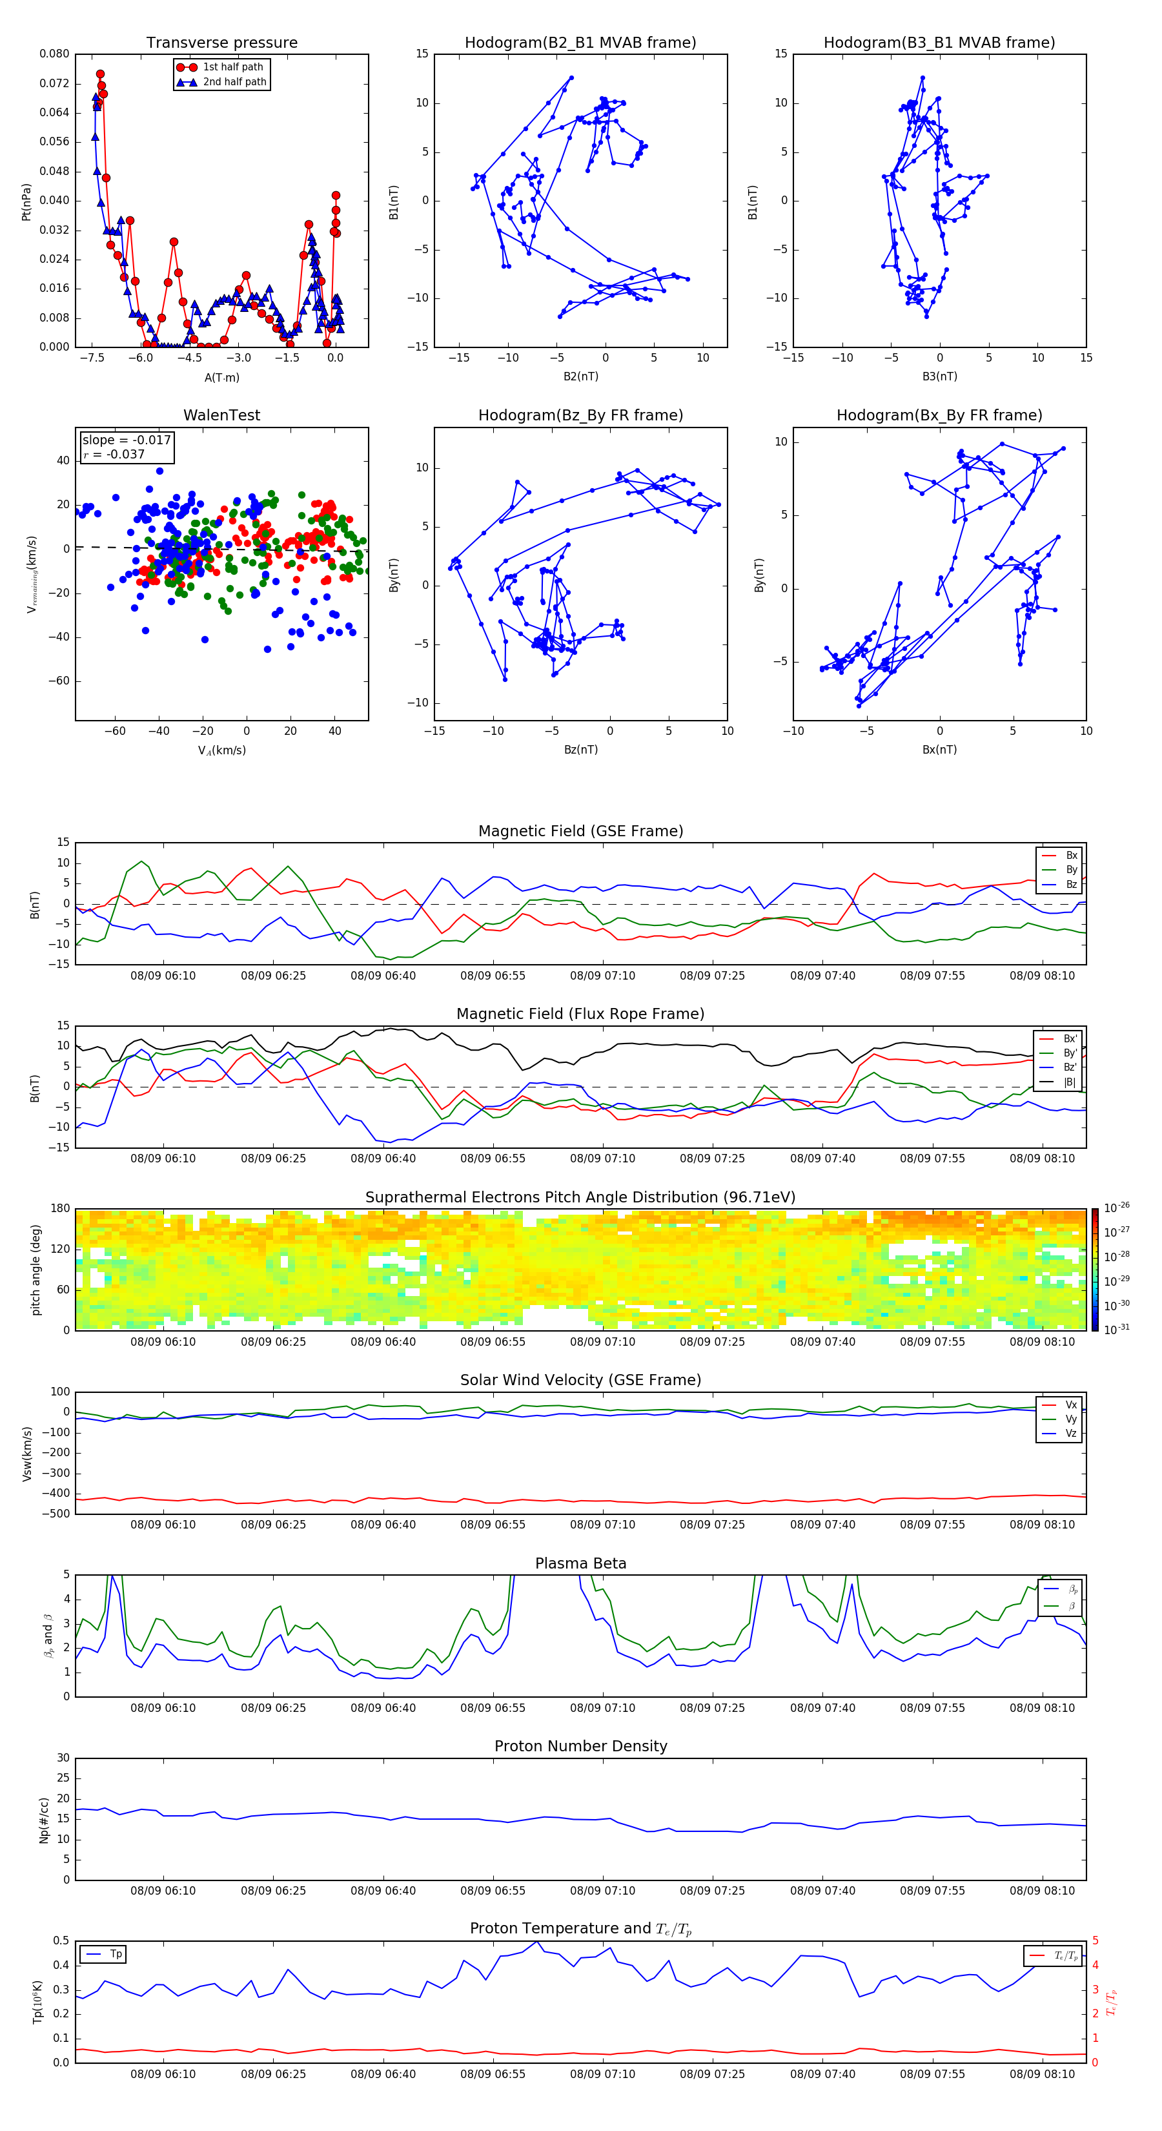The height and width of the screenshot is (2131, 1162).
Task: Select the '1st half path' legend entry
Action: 232,67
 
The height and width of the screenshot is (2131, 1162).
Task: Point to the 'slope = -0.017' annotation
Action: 127,440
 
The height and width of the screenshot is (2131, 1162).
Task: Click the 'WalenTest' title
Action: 221,415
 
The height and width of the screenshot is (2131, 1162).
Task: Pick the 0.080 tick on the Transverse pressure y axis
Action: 55,54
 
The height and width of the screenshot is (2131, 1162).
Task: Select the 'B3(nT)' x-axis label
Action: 939,376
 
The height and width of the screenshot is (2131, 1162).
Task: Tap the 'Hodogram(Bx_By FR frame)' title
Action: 939,415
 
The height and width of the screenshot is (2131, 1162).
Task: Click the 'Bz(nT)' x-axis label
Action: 580,750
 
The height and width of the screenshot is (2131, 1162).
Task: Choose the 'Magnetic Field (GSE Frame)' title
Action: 580,831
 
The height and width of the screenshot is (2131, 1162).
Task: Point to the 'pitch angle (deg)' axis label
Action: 36,1269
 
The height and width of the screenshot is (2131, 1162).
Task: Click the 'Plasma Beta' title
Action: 580,1563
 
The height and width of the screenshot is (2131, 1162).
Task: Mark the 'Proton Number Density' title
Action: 580,1746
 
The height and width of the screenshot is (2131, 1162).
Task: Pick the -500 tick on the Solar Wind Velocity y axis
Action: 59,1514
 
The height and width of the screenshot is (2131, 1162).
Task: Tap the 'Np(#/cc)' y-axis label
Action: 45,1819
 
